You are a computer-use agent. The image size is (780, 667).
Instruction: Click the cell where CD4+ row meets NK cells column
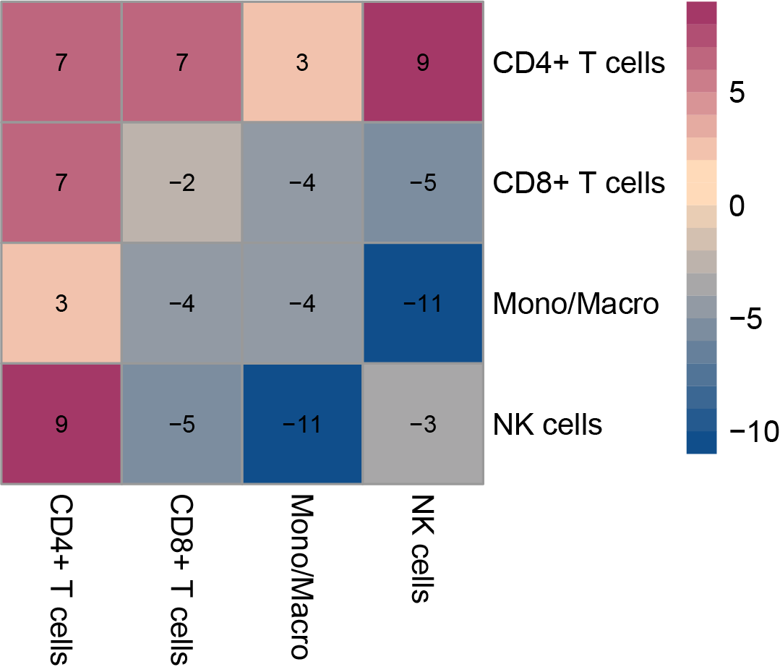coord(423,62)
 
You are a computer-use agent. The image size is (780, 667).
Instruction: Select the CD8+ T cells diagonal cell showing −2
coord(181,183)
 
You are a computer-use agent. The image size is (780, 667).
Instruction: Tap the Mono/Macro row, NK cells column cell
coord(423,303)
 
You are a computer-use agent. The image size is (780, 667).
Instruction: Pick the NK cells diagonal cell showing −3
coord(423,424)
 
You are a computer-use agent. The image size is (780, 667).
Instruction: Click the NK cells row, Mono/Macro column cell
coord(302,424)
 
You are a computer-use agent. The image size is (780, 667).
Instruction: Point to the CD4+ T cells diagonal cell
coord(61,62)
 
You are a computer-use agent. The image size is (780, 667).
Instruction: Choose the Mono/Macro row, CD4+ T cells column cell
coord(61,303)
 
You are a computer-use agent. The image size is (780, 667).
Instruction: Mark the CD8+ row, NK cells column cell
coord(423,183)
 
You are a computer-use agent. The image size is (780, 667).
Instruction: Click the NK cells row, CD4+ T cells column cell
coord(61,424)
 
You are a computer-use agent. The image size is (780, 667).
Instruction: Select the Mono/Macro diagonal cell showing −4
coord(302,303)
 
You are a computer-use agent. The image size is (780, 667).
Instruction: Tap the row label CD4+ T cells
coord(578,63)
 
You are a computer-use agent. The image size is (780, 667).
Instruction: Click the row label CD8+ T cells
coord(578,183)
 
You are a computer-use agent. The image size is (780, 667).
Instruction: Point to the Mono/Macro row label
coord(575,304)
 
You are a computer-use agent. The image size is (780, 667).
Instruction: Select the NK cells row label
coord(547,424)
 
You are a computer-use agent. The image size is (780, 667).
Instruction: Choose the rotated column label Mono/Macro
coord(302,577)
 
